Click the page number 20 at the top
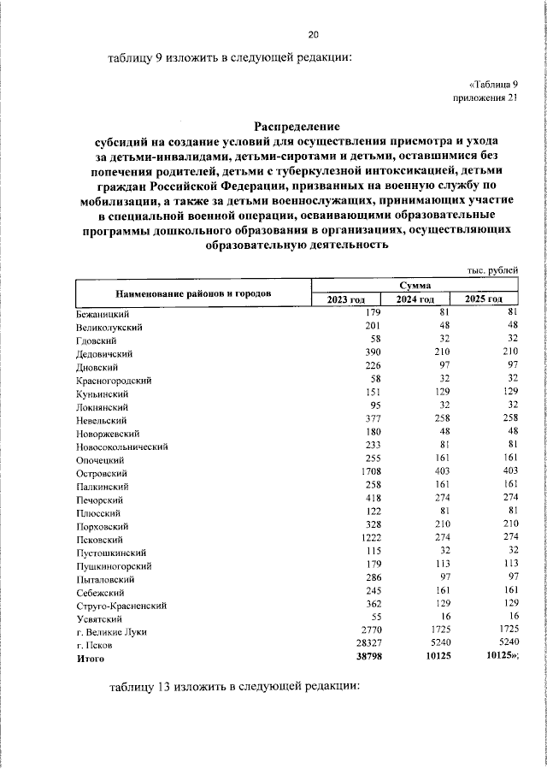(313, 34)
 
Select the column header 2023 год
(345, 299)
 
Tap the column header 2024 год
(415, 299)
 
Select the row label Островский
(102, 473)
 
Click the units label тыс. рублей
(491, 270)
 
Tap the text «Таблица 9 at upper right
(493, 85)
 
